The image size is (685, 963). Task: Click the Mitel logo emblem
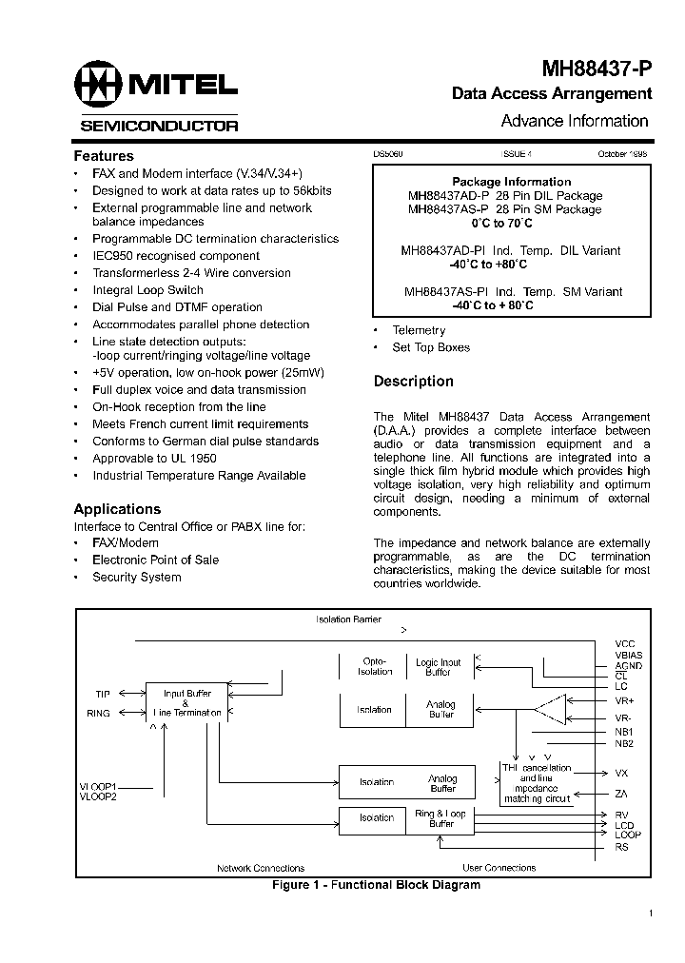100,86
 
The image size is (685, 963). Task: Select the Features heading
104,155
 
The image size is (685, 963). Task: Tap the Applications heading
117,509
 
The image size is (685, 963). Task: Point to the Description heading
413,381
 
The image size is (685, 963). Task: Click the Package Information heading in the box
511,182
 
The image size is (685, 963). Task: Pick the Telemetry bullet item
419,330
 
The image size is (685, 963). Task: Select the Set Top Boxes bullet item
431,347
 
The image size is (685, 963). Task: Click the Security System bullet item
136,577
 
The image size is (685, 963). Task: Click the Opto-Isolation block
374,667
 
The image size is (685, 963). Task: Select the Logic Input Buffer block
439,667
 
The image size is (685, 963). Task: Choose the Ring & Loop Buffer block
440,818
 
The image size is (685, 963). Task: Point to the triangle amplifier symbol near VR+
551,708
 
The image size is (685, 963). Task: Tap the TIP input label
103,695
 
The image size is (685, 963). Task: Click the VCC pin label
624,644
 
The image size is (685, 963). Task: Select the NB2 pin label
624,743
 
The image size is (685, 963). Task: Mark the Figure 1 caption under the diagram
376,885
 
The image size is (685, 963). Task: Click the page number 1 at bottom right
650,914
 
